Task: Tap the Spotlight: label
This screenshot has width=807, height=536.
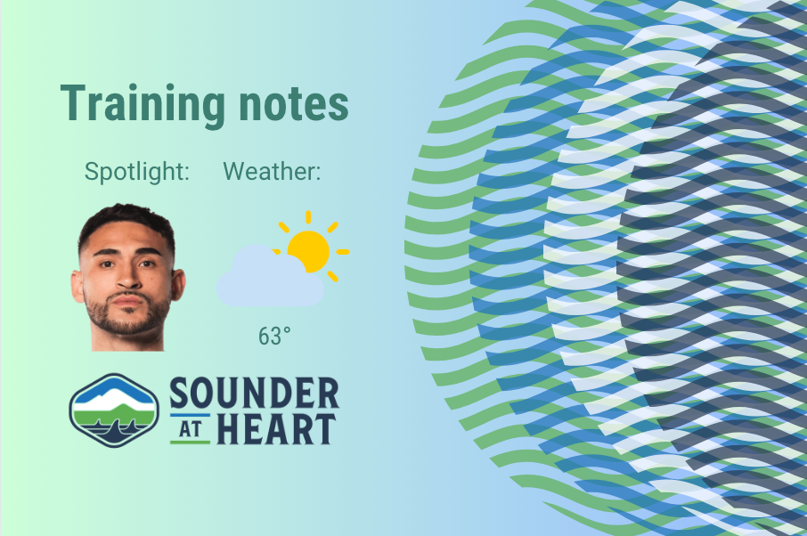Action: [137, 172]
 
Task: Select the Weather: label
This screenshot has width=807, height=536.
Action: [272, 172]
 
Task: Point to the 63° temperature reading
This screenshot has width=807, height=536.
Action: [274, 337]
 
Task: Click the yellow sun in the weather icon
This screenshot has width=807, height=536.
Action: [308, 251]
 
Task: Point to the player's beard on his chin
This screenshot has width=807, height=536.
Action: [129, 322]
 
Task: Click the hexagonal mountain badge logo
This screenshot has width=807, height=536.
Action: [114, 410]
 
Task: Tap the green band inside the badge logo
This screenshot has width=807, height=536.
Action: [114, 413]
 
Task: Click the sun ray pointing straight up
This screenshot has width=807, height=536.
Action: [308, 216]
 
